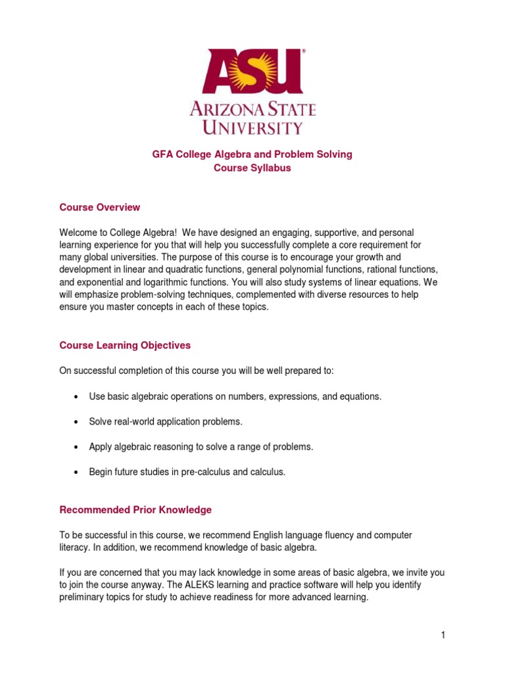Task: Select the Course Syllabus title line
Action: tap(252, 168)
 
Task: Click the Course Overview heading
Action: tap(99, 207)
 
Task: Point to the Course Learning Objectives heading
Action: tap(125, 345)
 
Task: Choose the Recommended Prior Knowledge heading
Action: tap(135, 509)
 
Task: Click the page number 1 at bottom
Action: tap(444, 634)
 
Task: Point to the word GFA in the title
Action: tap(162, 154)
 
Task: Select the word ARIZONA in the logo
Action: tap(225, 108)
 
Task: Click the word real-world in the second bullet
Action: tap(135, 421)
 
